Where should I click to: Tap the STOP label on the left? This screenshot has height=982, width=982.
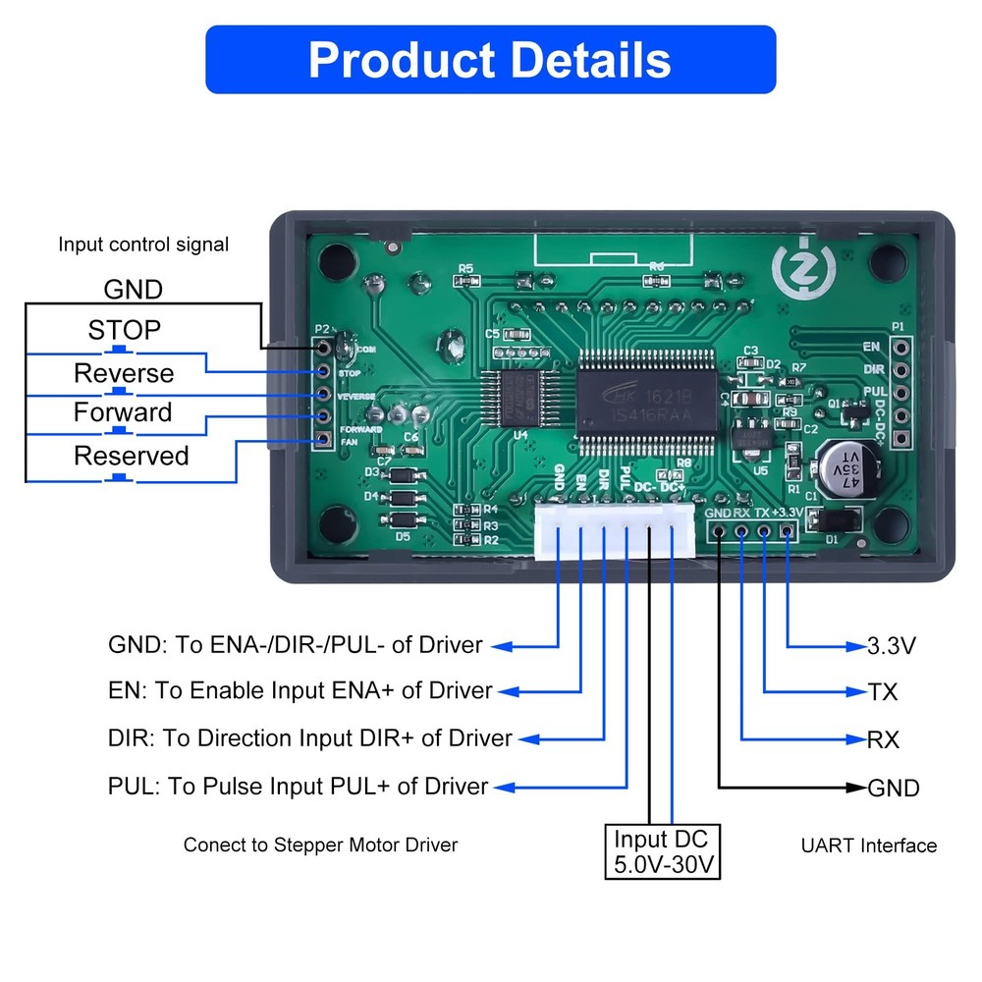pos(124,330)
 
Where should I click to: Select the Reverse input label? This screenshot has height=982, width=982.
pos(124,373)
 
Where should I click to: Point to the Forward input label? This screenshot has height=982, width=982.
pos(123,412)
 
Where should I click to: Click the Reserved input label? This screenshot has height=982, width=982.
pos(132,456)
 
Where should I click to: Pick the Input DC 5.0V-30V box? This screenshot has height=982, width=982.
pos(661,852)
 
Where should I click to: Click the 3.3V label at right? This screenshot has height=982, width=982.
pos(892,646)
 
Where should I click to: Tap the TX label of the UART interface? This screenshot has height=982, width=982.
pos(883,692)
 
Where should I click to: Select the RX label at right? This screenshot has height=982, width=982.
pos(884,739)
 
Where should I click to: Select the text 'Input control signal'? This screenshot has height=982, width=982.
pos(143,245)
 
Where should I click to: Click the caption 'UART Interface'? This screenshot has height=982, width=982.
pos(868,846)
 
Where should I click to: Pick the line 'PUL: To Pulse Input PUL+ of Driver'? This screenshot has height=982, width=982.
pos(299,787)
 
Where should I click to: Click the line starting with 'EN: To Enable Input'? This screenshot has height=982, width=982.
pos(300,691)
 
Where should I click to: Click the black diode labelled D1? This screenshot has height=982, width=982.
pos(838,519)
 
